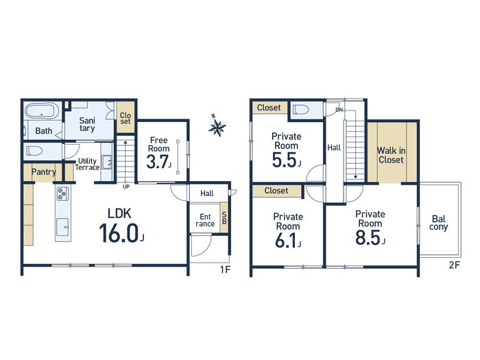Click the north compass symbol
point(217,125)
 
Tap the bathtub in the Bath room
point(42,111)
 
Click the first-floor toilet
point(34,151)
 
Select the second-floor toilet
point(300,109)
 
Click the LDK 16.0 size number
point(119,233)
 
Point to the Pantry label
point(44,171)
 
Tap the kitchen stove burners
point(62,194)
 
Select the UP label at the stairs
point(126,187)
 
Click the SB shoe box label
point(224,217)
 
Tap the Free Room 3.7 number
point(157,162)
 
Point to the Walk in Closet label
point(392,155)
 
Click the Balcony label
point(439,223)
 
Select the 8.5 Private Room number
point(368,237)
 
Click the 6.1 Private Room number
point(286,240)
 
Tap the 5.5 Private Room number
point(285,160)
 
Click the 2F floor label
point(455,265)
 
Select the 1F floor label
point(225,269)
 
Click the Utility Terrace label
point(87,164)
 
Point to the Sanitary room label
point(87,124)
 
